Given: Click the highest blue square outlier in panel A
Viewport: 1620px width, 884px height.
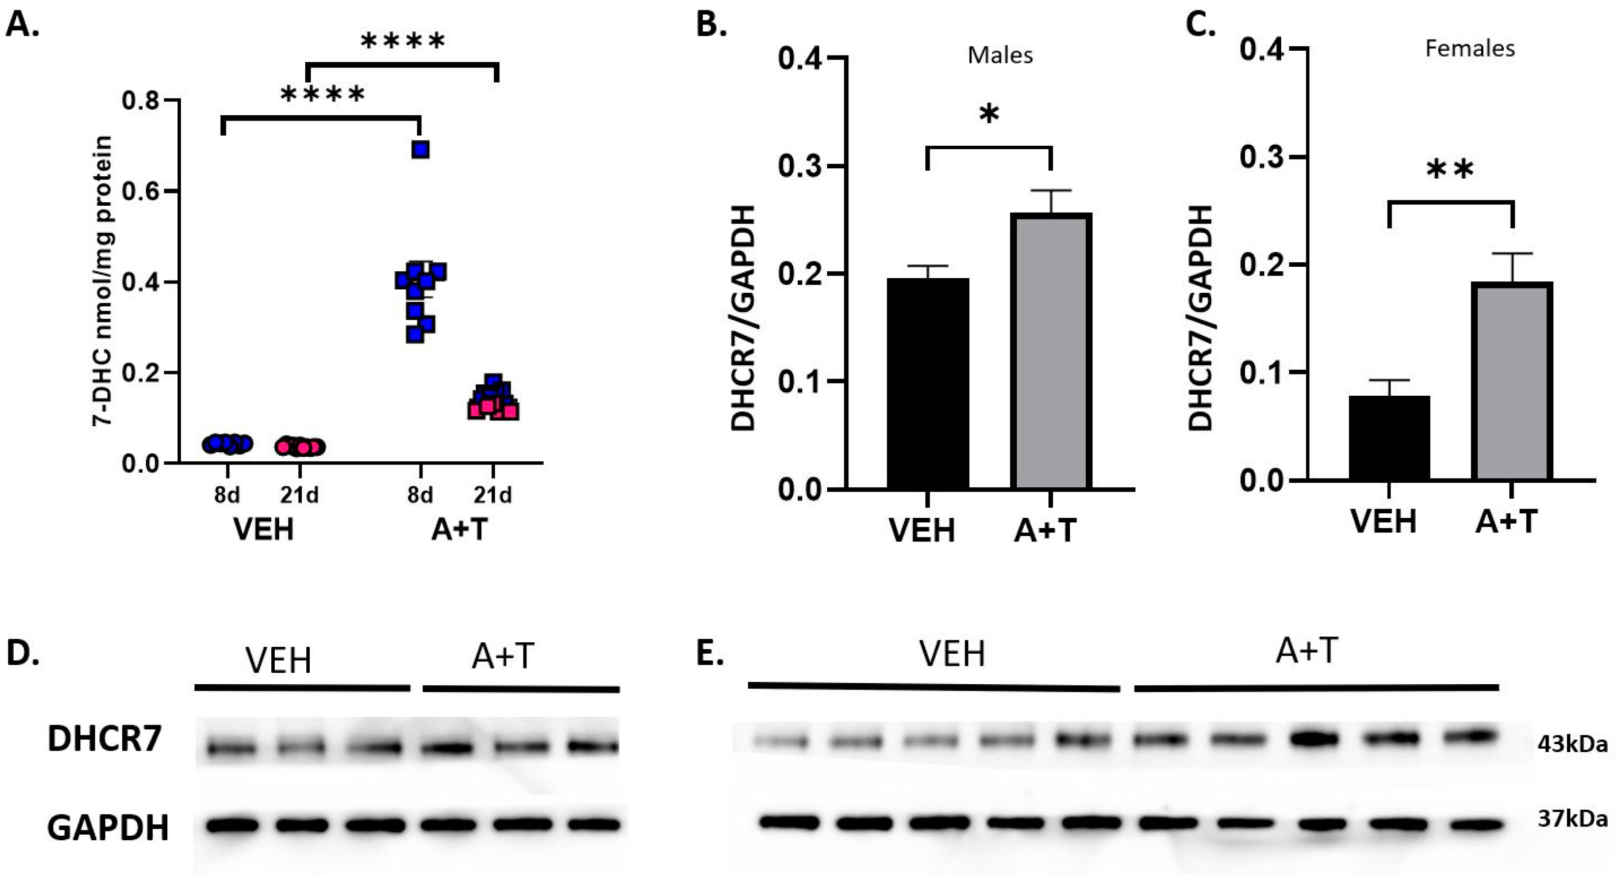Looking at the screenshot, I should [420, 150].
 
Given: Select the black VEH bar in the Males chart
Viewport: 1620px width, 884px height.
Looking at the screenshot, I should [928, 383].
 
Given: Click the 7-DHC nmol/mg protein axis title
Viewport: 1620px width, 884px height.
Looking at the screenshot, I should [102, 281].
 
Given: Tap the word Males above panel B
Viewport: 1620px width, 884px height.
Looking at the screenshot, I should [1000, 55].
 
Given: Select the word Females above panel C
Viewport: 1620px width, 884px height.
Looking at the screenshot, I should [1470, 48].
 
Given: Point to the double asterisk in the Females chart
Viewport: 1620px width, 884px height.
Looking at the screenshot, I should [1450, 170].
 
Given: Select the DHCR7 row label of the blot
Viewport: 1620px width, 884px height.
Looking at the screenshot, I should [104, 739].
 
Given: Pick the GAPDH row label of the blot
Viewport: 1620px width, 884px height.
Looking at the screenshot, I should [107, 827].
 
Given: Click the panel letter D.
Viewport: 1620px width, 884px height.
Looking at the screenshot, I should [23, 653].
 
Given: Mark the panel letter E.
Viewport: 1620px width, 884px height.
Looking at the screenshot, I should [710, 653].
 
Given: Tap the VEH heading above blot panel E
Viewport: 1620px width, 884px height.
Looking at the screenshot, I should [952, 654].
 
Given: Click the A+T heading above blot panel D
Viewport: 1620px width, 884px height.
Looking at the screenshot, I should [503, 657].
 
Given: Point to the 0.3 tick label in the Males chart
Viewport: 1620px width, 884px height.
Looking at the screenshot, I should [801, 167].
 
